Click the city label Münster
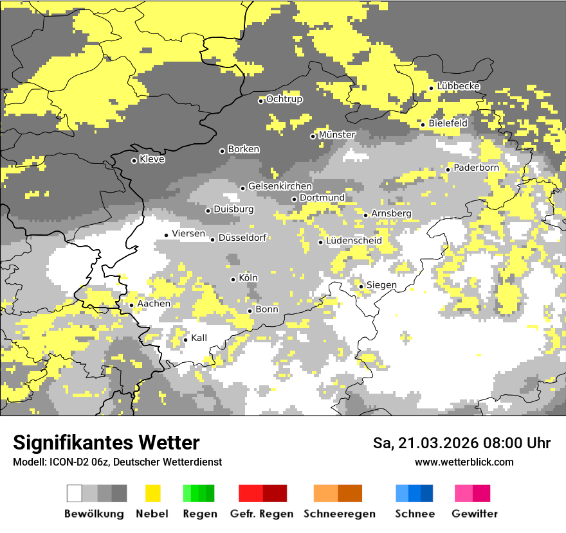click(337, 135)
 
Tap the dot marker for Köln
click(233, 279)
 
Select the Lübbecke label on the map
click(459, 86)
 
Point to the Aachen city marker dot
click(131, 305)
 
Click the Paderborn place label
click(476, 168)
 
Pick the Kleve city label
click(152, 159)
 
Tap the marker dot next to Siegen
click(361, 286)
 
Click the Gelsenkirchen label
click(280, 186)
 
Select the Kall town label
click(199, 338)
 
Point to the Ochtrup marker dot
click(260, 100)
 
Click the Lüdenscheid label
click(354, 241)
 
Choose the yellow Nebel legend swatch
click(153, 493)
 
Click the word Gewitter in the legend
click(475, 514)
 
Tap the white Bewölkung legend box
click(75, 493)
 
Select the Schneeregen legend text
click(340, 514)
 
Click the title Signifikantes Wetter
click(106, 443)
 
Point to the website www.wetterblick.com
click(464, 462)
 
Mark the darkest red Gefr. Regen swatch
click(275, 493)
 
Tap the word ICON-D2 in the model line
click(67, 462)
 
